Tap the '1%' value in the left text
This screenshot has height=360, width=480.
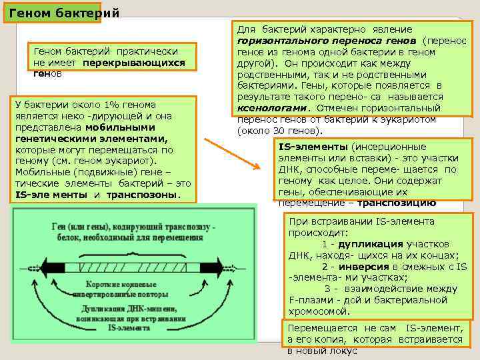[105, 105]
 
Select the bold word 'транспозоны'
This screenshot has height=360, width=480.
[150, 195]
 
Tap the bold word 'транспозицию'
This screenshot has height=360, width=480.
[397, 203]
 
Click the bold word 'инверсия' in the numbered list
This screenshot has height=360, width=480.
[391, 266]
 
